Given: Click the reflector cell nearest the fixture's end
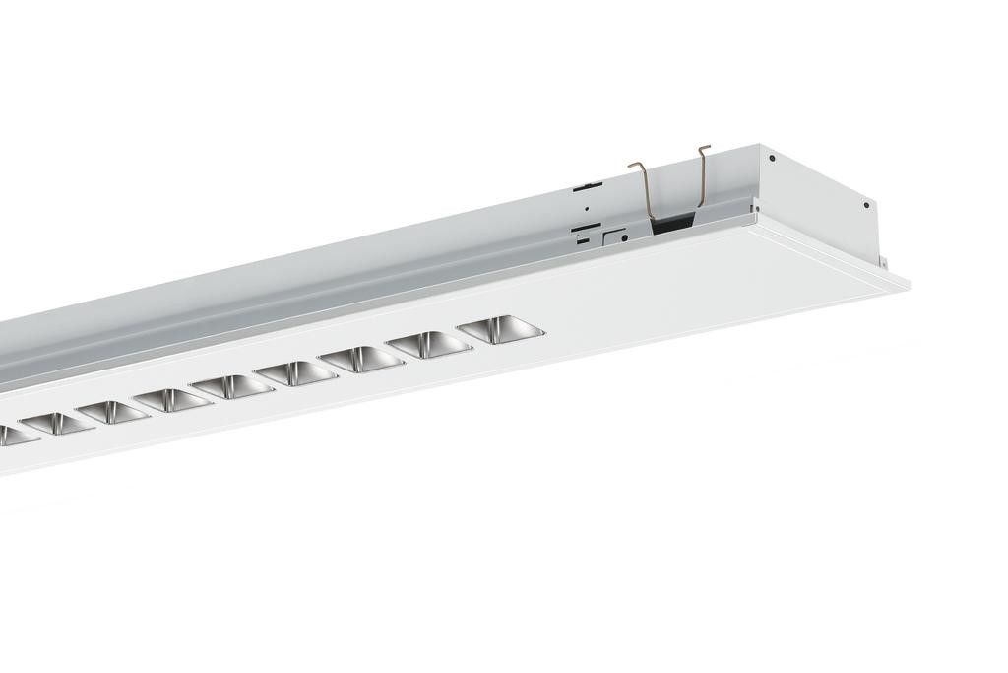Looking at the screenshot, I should point(501,330).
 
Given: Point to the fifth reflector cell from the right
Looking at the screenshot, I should point(232,386).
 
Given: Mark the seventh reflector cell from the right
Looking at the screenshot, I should point(113,412).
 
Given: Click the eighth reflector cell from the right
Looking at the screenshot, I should point(57,424).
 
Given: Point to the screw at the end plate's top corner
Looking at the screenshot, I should point(772,158).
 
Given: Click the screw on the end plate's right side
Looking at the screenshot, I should point(866,205).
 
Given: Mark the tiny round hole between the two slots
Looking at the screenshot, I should point(587,209).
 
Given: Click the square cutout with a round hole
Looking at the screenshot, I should point(616,236).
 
